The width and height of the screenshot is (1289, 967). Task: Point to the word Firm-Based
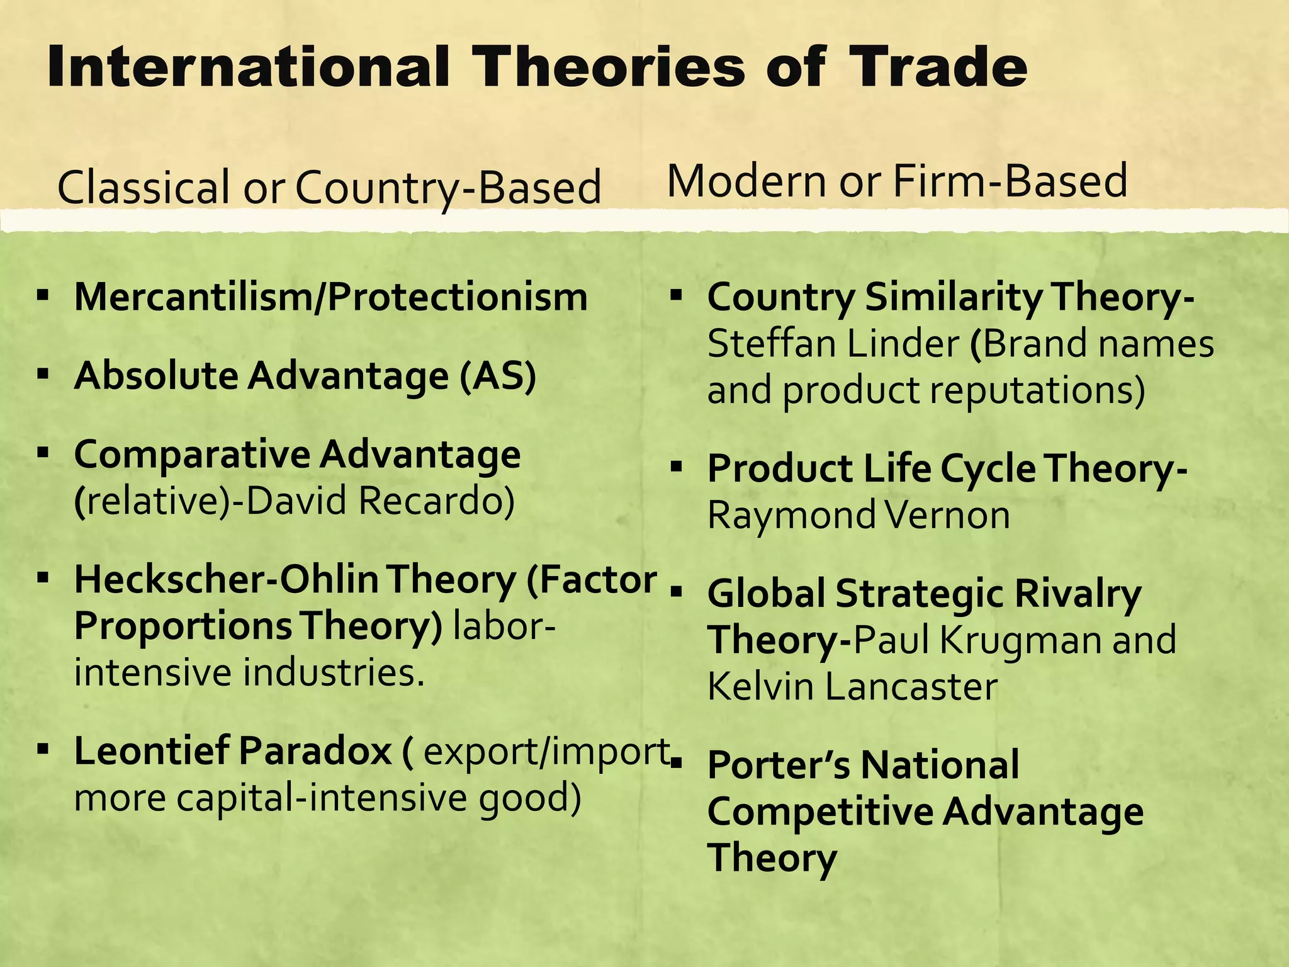1010,181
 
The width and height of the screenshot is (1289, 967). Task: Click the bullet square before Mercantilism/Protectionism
43,295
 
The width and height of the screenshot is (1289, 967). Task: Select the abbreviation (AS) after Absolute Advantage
497,376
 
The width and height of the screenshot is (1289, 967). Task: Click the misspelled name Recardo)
437,501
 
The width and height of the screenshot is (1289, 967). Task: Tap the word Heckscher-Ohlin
227,580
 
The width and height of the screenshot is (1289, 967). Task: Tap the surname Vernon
947,515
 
